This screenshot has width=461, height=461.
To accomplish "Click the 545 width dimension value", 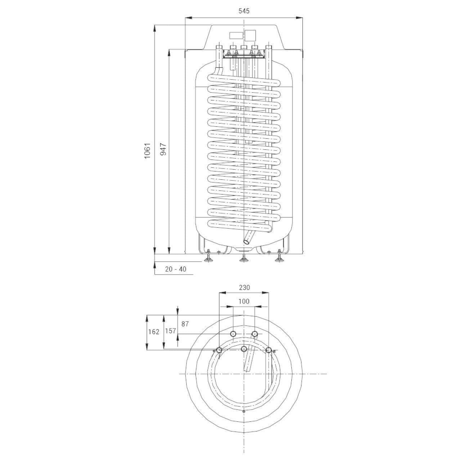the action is pos(244,11).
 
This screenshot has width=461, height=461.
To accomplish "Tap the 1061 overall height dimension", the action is pos(147,151).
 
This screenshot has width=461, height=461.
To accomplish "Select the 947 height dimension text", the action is pos(163,149).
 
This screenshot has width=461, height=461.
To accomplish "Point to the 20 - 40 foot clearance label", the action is pos(176,269).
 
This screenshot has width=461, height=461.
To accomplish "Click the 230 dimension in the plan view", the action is pos(244,287).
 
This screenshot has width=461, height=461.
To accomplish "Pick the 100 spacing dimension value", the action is pos(244,301).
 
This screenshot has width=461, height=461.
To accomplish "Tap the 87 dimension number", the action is pos(185,324).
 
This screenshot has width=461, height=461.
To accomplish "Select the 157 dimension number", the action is pos(170,331).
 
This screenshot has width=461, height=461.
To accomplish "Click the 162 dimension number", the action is pos(153,332).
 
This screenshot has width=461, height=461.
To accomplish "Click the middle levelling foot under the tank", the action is pos(243,258).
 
